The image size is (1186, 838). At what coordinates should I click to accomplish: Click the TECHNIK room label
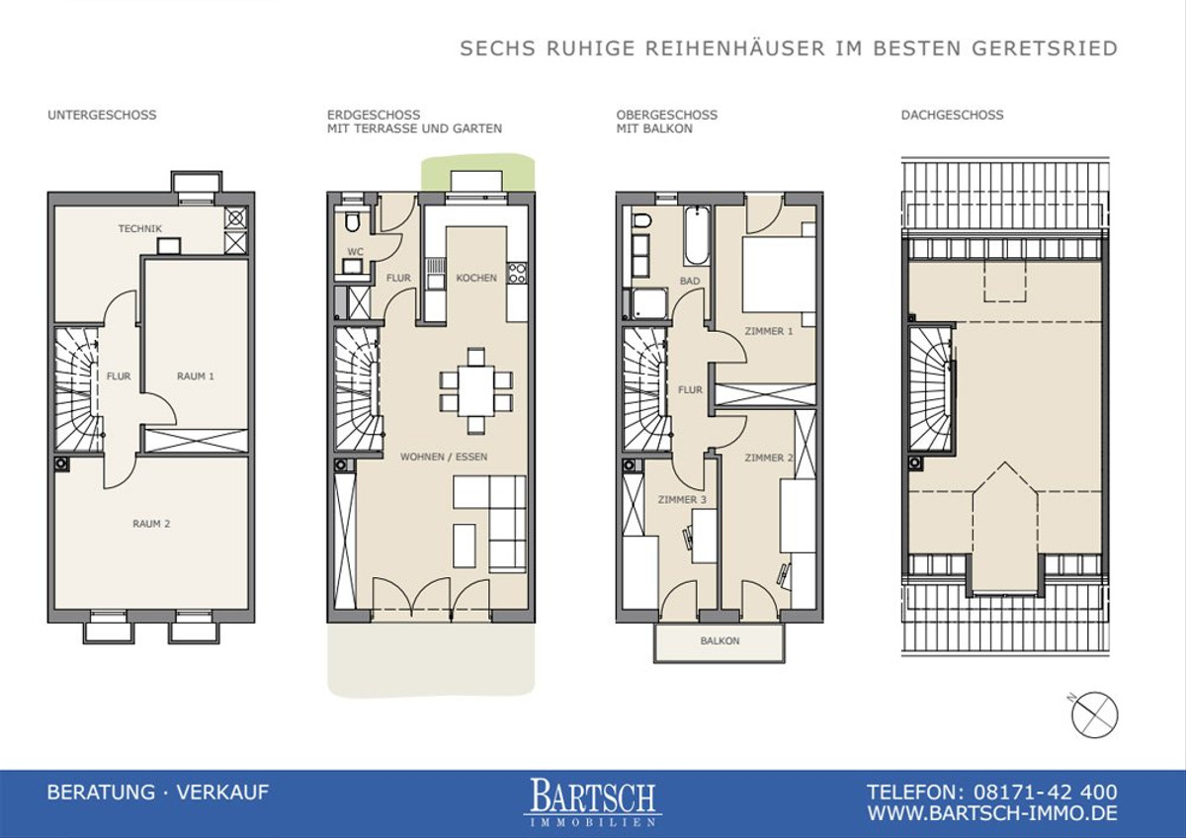click(x=139, y=228)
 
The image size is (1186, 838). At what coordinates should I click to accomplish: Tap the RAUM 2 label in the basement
click(x=151, y=524)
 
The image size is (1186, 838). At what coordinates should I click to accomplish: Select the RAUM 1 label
click(x=196, y=377)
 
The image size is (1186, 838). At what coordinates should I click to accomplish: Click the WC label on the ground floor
click(x=355, y=251)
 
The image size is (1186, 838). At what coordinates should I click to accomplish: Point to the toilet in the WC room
click(x=352, y=221)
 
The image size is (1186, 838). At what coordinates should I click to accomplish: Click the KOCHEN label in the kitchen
click(x=476, y=278)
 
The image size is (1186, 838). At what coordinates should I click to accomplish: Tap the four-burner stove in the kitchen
click(x=517, y=273)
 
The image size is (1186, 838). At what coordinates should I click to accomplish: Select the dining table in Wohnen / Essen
click(x=476, y=390)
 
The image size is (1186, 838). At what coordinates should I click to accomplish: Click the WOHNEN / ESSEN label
click(x=444, y=457)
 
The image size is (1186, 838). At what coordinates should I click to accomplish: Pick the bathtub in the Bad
click(x=697, y=236)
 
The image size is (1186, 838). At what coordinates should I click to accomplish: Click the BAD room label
click(x=690, y=281)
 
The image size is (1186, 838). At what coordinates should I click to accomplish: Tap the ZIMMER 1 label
click(x=769, y=331)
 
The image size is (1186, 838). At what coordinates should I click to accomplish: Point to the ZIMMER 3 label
click(x=682, y=499)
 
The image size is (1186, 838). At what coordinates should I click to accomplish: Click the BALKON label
click(x=720, y=641)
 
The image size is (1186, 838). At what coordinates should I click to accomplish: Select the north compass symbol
click(x=1094, y=713)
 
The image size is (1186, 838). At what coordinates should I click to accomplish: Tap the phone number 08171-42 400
click(x=1046, y=793)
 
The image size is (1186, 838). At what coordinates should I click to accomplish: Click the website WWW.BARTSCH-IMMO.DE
click(x=992, y=813)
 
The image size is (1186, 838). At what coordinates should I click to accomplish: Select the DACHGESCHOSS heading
click(x=952, y=115)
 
